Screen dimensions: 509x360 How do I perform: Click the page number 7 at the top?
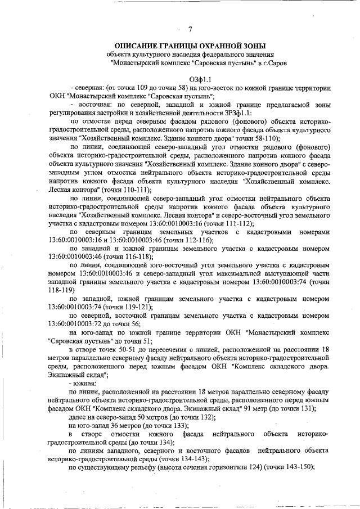pos(190,30)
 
